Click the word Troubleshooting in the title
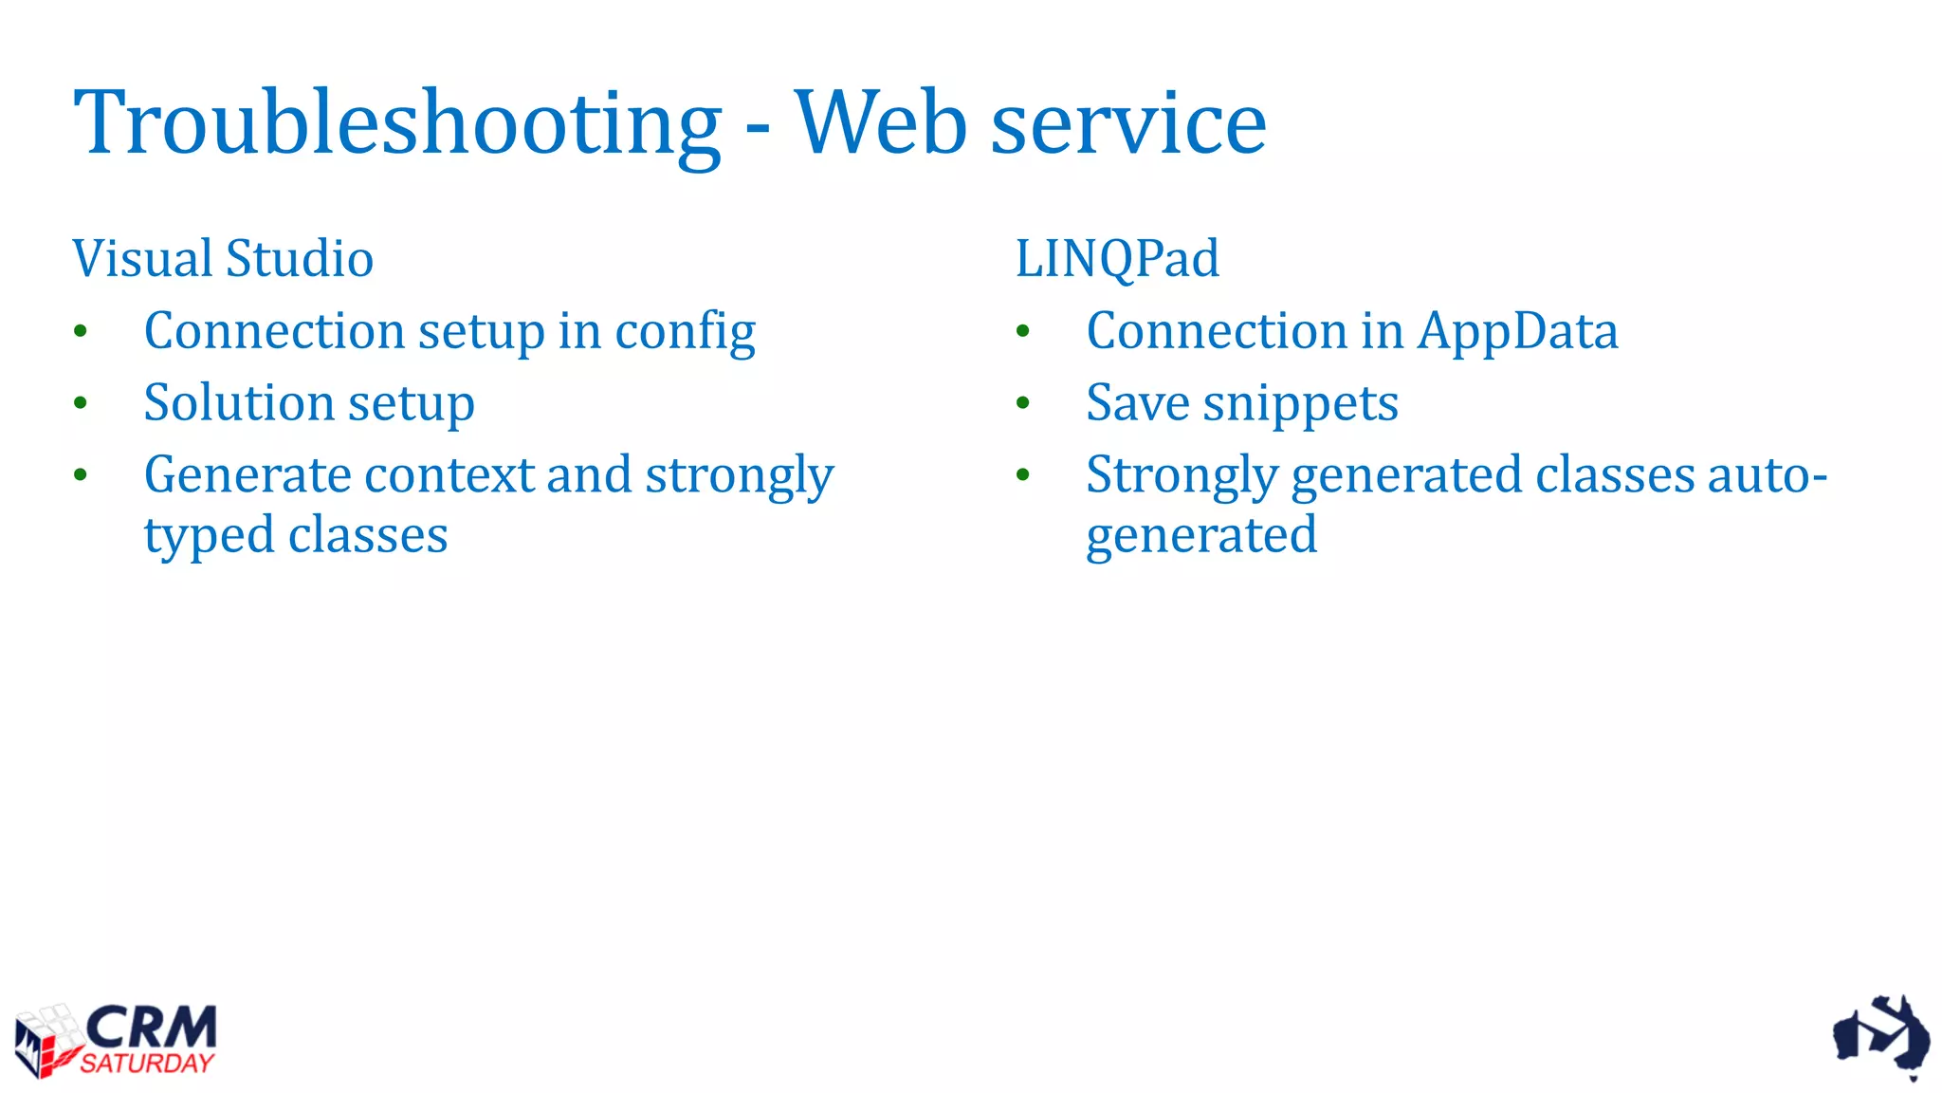coord(398,123)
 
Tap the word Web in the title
coord(881,123)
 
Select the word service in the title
coord(1128,123)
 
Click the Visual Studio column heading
coord(223,258)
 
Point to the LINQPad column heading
coord(1117,258)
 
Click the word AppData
coord(1518,332)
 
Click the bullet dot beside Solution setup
coord(81,403)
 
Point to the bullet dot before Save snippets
coord(1022,403)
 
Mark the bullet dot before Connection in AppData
coord(1022,331)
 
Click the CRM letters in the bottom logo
coord(152,1027)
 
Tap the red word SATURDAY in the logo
coord(147,1064)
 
